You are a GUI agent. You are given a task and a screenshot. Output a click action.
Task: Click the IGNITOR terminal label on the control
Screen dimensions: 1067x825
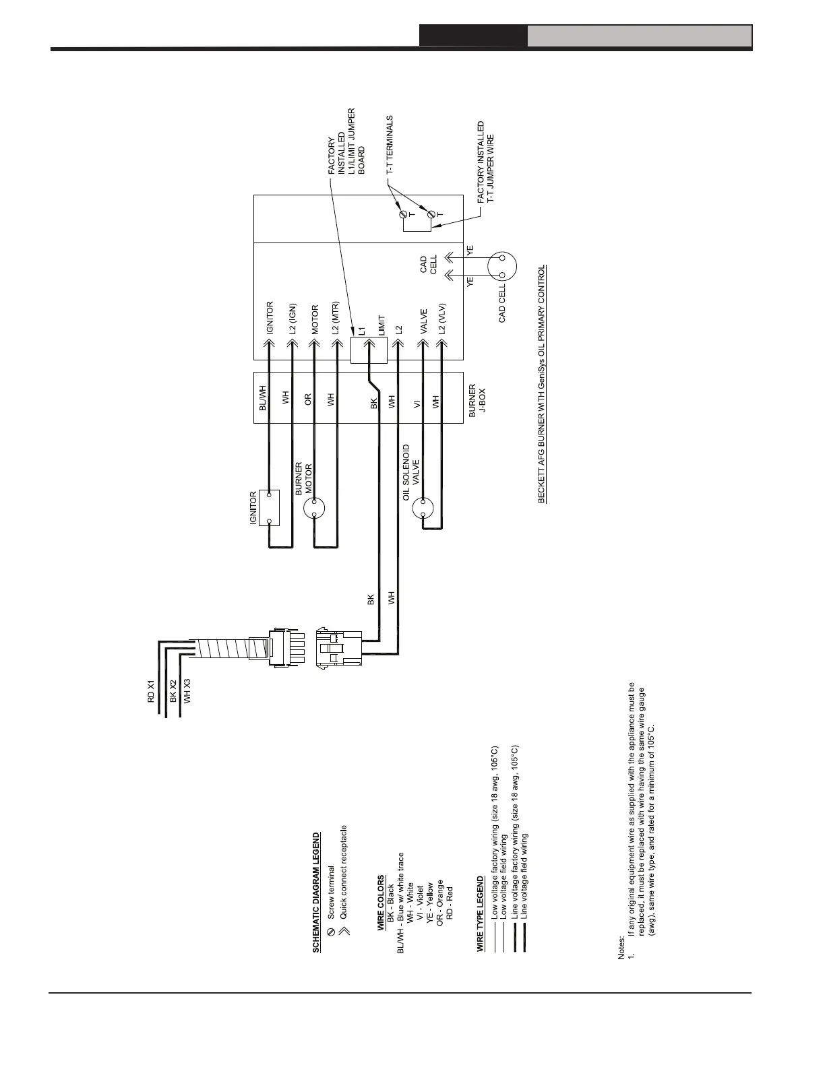[270, 318]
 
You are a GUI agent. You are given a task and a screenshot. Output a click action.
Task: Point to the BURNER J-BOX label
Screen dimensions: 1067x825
[477, 401]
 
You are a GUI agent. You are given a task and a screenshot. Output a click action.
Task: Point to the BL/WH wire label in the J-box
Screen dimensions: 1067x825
[264, 397]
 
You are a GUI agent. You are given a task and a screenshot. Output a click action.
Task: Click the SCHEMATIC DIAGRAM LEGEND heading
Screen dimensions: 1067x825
[316, 893]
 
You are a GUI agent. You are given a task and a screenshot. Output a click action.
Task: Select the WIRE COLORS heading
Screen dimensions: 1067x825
[381, 903]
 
